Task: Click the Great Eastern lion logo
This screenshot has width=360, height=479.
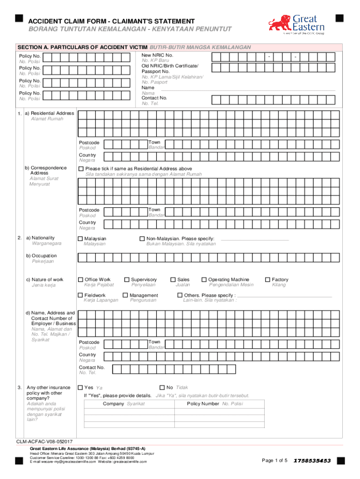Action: click(280, 23)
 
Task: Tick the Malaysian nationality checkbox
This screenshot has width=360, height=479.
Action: click(80, 239)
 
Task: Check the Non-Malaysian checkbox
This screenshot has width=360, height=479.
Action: click(143, 239)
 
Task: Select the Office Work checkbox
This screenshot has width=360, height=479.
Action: click(80, 280)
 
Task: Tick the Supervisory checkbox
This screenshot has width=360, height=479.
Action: click(127, 280)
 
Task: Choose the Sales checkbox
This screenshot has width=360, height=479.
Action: click(173, 280)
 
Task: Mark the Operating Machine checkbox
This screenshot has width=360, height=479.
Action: click(204, 280)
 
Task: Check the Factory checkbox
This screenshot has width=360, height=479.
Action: click(268, 280)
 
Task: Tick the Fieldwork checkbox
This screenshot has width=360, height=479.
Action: click(80, 295)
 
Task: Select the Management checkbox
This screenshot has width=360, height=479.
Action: click(125, 295)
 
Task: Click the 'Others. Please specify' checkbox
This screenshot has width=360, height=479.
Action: click(180, 295)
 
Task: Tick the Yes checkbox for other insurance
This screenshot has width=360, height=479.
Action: click(80, 387)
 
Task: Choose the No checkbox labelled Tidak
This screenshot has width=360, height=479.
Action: click(162, 387)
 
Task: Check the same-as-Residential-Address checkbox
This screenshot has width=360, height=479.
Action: click(81, 169)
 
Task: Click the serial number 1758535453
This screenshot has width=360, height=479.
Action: click(312, 461)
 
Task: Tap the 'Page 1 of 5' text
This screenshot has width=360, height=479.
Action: click(274, 461)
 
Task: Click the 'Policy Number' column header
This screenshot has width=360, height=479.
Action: click(203, 404)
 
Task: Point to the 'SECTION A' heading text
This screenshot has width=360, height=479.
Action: click(82, 47)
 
